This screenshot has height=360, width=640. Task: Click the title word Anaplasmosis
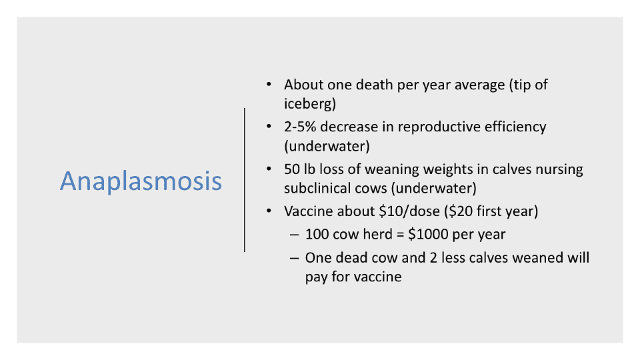(x=141, y=181)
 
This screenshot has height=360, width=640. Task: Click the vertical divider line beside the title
(x=245, y=180)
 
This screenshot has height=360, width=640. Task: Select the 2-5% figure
(x=300, y=127)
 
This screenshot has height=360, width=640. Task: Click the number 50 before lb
(x=292, y=169)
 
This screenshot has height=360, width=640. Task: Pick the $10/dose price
(x=409, y=211)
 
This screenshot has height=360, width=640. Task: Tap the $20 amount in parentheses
(x=461, y=211)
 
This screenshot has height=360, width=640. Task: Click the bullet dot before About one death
(x=269, y=85)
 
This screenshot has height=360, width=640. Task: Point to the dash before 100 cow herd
(x=294, y=235)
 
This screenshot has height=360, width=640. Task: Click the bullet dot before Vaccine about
(x=269, y=211)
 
